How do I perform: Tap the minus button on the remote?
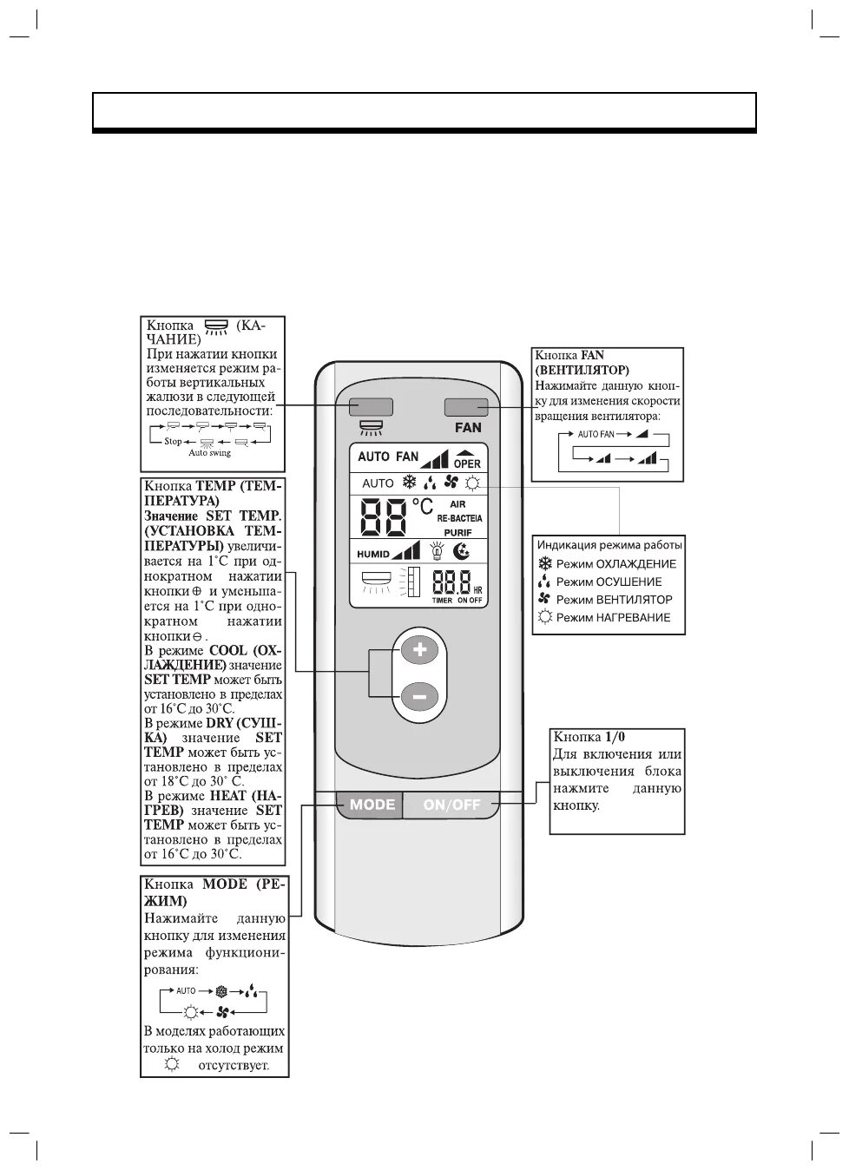coord(419,695)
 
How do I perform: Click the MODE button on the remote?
coord(372,805)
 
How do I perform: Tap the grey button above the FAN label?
coord(466,407)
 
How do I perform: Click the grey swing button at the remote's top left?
coord(372,407)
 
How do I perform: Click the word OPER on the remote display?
coord(466,463)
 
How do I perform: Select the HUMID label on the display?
coord(373,553)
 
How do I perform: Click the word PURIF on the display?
coord(457,532)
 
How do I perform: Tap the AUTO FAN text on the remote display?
coord(388,457)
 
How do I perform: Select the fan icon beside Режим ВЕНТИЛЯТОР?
coord(545,600)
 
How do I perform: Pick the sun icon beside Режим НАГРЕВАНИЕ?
coord(545,617)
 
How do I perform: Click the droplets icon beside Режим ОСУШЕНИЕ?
coord(545,582)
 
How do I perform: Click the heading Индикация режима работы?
coord(609,545)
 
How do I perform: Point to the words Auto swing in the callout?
coord(210,453)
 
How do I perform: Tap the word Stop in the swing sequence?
coord(173,441)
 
